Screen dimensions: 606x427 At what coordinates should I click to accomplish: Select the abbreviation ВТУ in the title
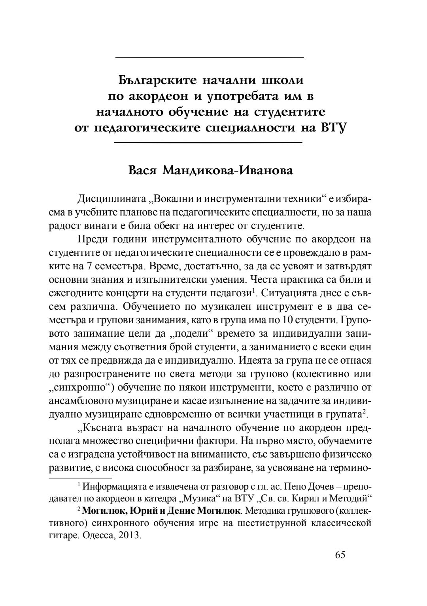330,128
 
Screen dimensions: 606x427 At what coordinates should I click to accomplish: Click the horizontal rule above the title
209,58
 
